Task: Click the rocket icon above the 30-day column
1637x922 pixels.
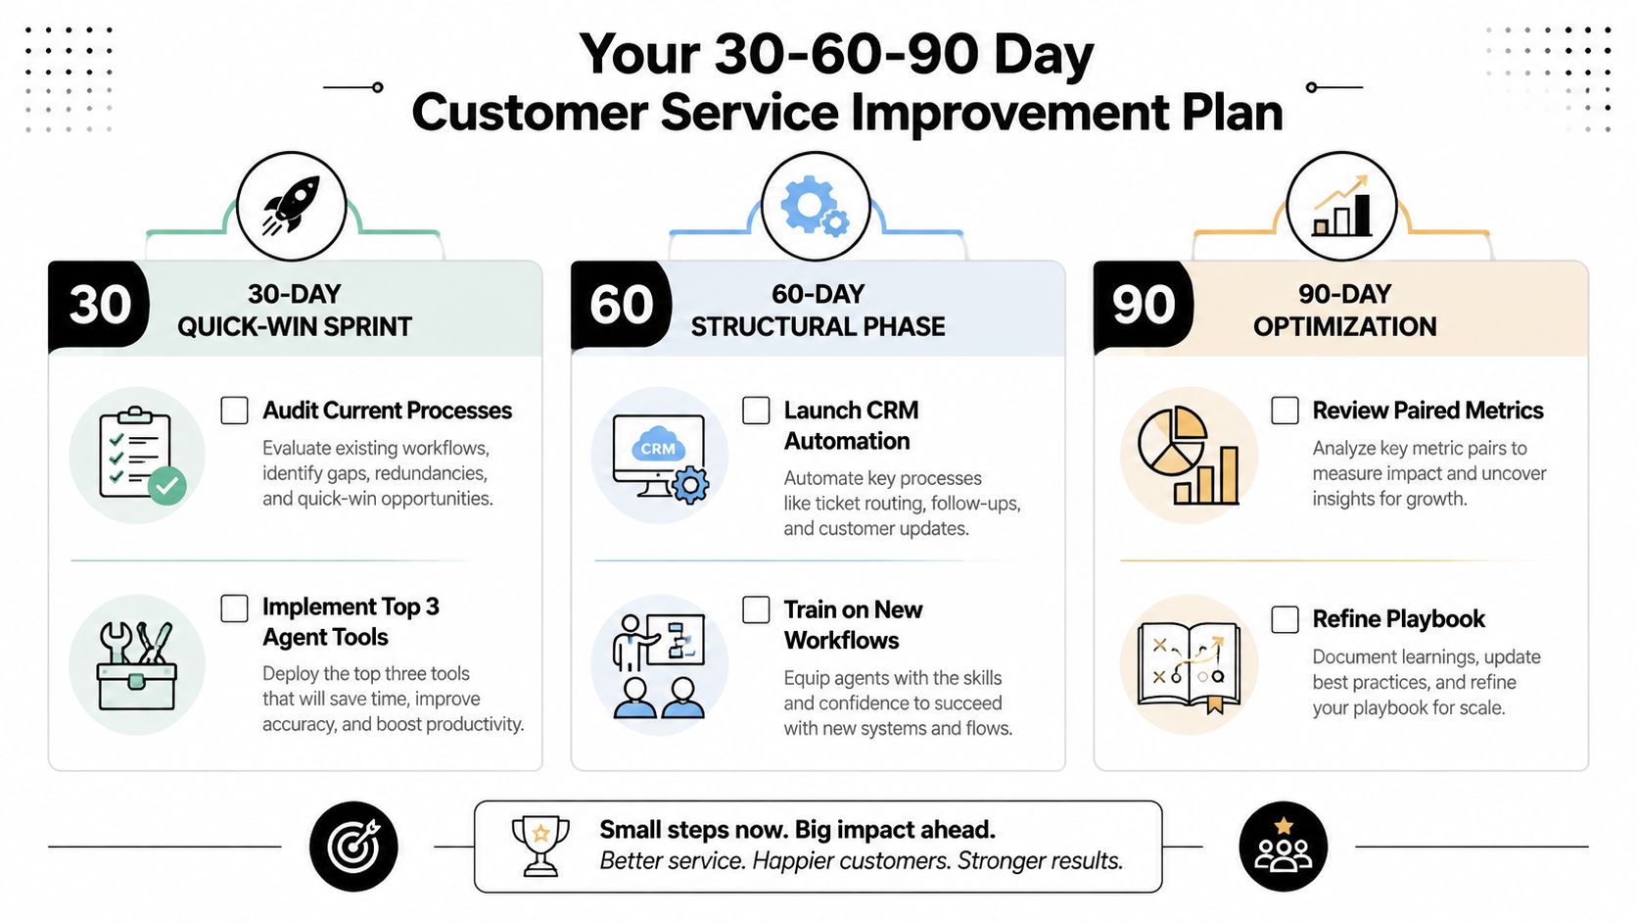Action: click(292, 206)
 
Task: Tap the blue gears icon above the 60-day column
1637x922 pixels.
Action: click(815, 206)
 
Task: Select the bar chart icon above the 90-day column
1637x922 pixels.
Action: click(1341, 206)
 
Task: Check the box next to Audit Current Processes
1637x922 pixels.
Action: click(234, 411)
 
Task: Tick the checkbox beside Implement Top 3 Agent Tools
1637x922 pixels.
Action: click(234, 608)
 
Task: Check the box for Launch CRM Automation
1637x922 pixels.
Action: click(756, 411)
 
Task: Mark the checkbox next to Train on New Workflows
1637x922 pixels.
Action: click(756, 609)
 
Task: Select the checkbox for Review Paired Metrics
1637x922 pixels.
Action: click(1285, 411)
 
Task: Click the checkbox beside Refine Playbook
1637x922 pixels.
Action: click(1285, 620)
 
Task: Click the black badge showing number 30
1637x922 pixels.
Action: click(100, 305)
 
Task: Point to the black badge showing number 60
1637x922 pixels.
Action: click(621, 305)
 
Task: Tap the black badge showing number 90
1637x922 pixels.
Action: click(1144, 305)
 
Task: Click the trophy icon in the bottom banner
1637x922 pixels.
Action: click(540, 846)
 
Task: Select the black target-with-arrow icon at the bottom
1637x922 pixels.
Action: click(353, 847)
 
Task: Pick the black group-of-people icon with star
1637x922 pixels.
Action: click(1284, 847)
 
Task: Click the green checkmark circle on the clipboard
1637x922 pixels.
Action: click(167, 485)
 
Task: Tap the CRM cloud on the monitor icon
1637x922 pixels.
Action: click(658, 445)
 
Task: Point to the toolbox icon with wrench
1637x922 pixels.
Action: click(137, 666)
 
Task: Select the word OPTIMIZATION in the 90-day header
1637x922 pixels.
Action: click(1344, 327)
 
